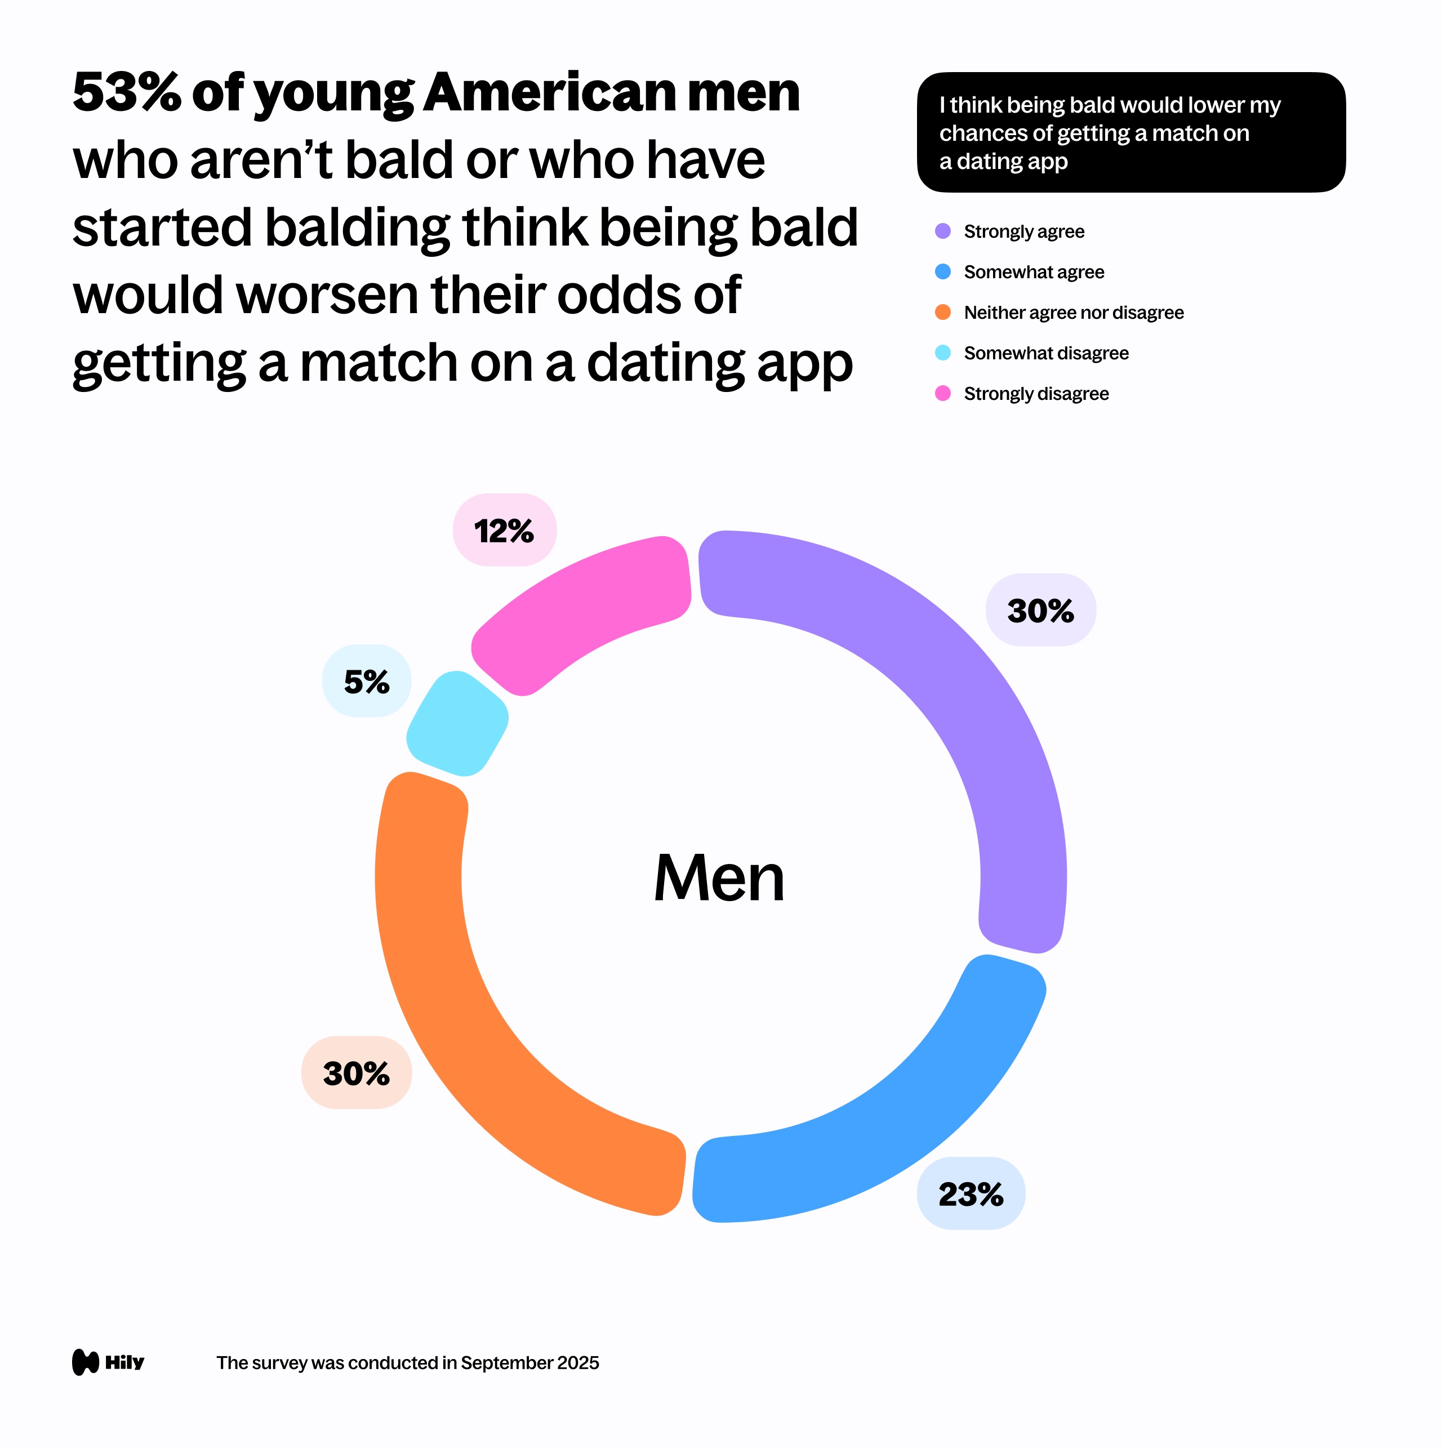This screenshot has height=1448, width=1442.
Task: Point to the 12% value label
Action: click(504, 531)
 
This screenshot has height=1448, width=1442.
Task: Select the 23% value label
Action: click(971, 1194)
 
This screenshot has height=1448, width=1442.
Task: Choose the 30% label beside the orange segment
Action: click(357, 1073)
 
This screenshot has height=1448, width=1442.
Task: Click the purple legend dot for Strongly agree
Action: click(943, 231)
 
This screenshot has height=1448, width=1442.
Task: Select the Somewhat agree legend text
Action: click(1034, 272)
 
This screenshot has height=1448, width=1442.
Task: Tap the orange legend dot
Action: click(943, 313)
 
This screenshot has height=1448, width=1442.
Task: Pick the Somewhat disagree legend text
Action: click(1045, 353)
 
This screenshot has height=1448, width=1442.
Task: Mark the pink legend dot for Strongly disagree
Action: click(943, 394)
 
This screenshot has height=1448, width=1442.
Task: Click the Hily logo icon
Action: click(86, 1362)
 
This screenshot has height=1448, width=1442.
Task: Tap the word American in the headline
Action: click(549, 93)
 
